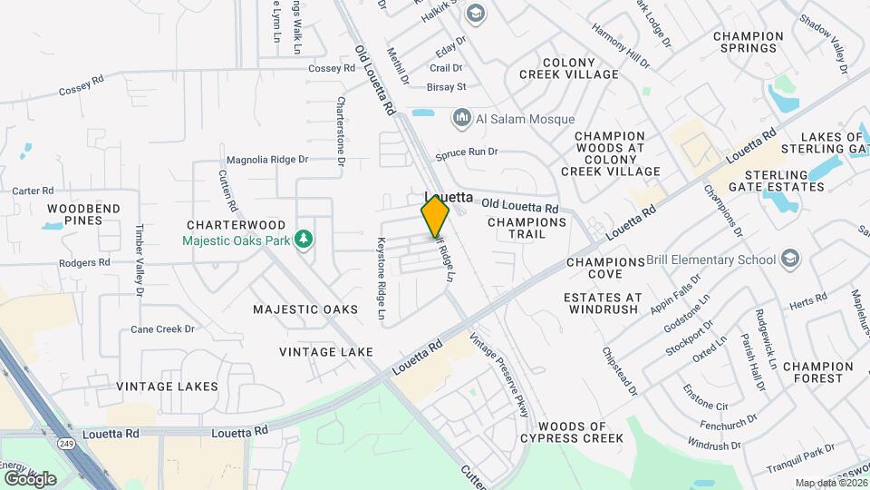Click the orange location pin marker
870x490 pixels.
(435, 216)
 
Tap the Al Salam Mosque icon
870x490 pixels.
(462, 118)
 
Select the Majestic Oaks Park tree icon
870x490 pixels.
(306, 240)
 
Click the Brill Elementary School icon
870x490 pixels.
(790, 260)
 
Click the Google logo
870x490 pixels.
(29, 478)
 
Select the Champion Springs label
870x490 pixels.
(748, 42)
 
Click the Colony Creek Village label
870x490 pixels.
(568, 66)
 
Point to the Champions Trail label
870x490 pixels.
(527, 228)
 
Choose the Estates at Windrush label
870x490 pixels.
(603, 303)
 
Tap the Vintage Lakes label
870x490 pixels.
(167, 386)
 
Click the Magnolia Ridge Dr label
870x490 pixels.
(267, 159)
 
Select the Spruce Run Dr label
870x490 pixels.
(468, 153)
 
